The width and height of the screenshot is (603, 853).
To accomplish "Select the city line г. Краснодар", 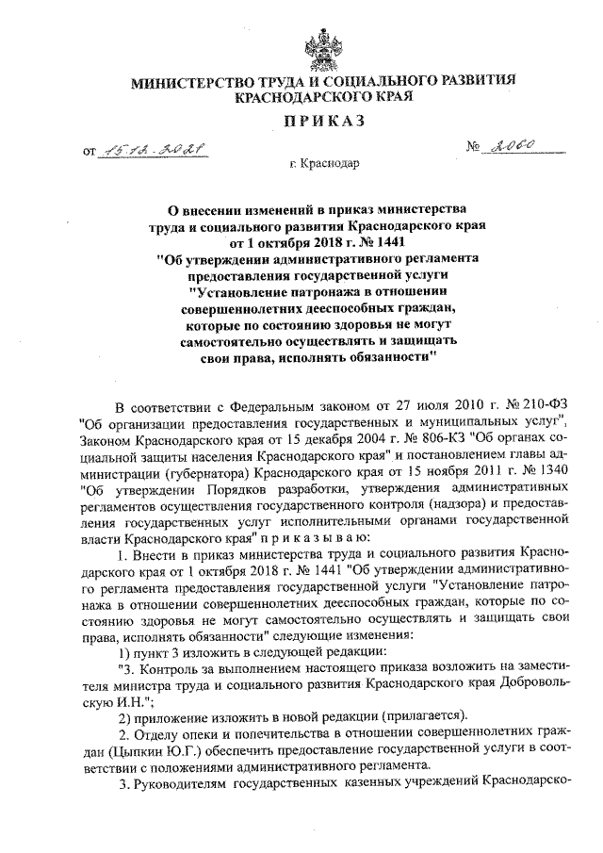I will [x=324, y=165].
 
